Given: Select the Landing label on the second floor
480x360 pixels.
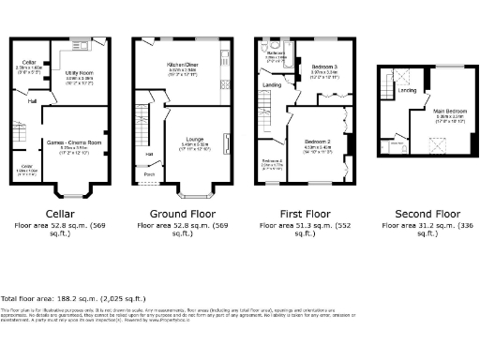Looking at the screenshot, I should [407, 90].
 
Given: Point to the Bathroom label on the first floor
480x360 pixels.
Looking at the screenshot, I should [275, 54].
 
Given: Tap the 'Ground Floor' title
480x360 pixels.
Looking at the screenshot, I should [183, 213].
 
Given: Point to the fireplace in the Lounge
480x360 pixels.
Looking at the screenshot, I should [226, 142].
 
